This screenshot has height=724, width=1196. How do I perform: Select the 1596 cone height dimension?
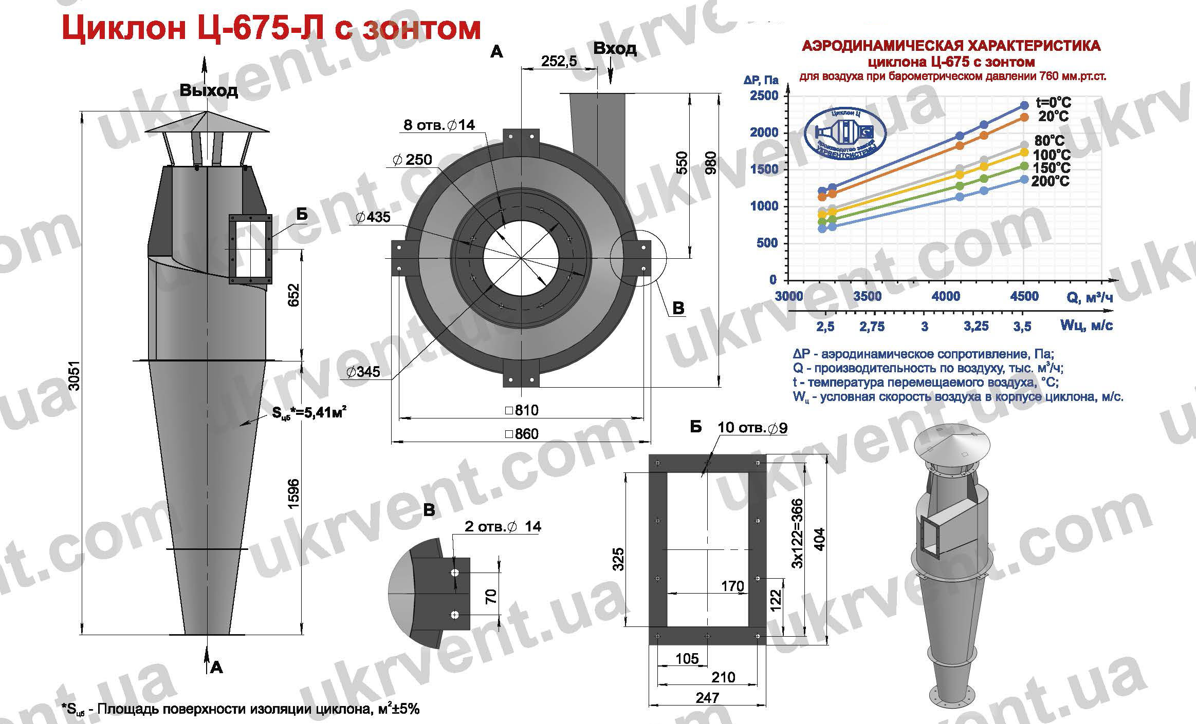point(293,494)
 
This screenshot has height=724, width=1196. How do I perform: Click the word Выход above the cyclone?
point(209,91)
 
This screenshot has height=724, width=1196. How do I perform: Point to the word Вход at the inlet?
point(615,49)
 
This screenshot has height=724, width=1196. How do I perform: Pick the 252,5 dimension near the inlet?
point(559,61)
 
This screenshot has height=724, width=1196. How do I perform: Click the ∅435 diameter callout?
point(373,217)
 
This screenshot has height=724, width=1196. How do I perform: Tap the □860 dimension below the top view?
point(522,434)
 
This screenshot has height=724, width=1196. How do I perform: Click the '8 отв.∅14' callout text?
point(439,125)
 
